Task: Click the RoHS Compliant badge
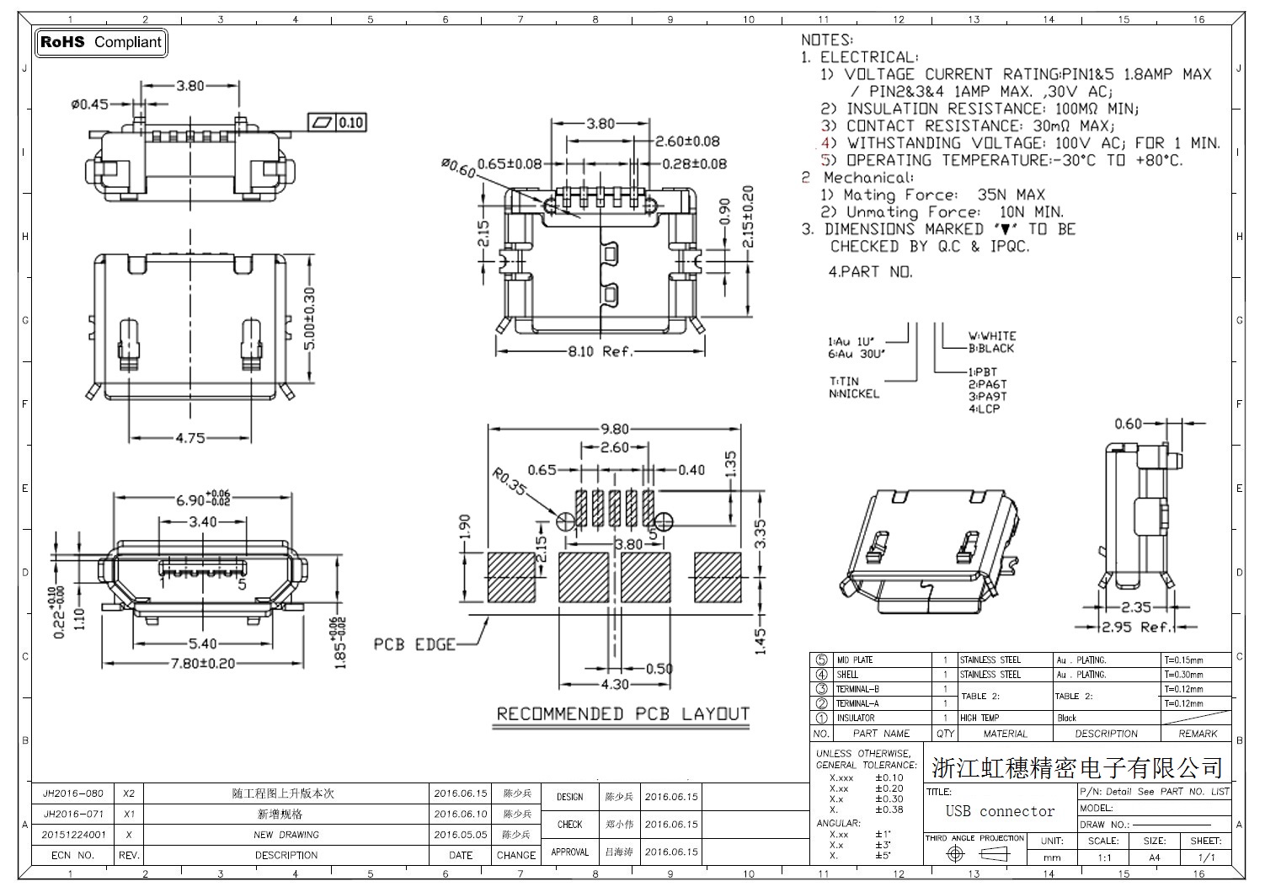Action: pos(101,42)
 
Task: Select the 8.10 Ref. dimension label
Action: pos(600,351)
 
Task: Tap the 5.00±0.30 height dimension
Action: pos(309,319)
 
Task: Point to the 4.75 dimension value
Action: pos(190,438)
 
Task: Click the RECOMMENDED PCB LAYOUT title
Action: pos(622,714)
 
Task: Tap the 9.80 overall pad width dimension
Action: pos(614,429)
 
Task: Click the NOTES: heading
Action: pos(826,40)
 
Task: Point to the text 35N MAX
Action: pos(1011,195)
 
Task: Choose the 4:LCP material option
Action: pos(984,409)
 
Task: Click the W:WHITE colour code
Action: pos(991,335)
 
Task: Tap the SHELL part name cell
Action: pos(847,675)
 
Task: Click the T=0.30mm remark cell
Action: pos(1183,675)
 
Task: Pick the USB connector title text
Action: pos(1000,811)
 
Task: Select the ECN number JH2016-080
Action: pos(73,793)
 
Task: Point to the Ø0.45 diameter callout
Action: pos(89,104)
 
